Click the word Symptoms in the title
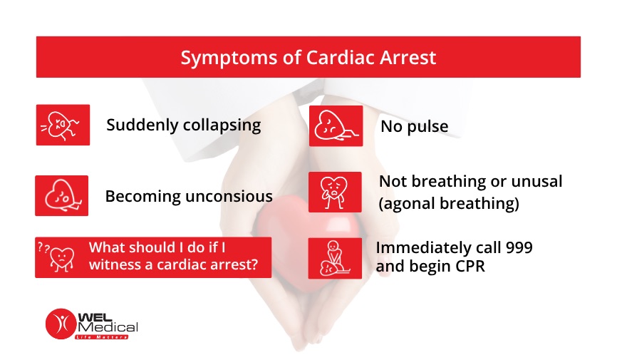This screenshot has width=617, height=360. pos(229,58)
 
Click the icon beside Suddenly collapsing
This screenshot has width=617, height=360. pos(63,125)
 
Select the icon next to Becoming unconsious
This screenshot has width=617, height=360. pos(62,196)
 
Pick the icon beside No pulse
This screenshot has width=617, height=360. pos(336,126)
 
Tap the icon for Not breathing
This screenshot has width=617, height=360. pos(335,192)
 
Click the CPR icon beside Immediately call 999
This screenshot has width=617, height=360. pos(335,258)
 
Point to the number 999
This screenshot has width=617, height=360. pos(519,248)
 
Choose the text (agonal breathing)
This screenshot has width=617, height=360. pos(449,204)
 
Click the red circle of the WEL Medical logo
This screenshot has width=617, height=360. pos(61,324)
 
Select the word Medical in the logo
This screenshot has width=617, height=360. pos(108,327)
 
